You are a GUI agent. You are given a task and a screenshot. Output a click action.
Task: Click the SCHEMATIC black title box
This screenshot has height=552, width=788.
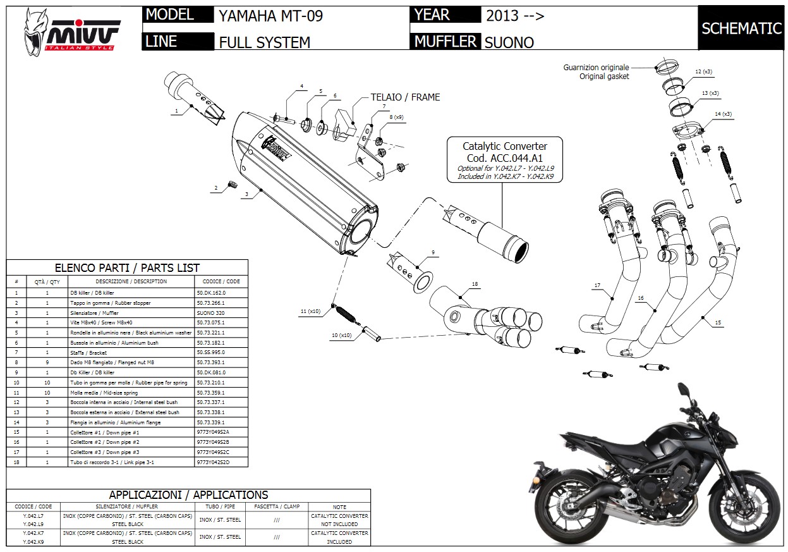(741, 28)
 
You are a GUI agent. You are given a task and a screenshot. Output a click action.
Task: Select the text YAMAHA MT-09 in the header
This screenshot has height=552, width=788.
(270, 16)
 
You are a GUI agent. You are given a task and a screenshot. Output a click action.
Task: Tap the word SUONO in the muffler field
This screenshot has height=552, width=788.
(509, 42)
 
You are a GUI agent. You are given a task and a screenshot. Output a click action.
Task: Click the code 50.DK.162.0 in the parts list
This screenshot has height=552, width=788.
(211, 293)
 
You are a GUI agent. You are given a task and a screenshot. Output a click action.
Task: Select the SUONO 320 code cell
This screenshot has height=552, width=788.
(210, 313)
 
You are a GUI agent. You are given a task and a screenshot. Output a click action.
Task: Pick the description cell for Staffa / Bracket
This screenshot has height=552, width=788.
(131, 353)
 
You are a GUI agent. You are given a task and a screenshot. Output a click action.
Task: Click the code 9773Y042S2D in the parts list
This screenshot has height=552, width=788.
(215, 462)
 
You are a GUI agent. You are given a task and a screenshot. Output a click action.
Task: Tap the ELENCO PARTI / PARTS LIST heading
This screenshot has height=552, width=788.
(127, 268)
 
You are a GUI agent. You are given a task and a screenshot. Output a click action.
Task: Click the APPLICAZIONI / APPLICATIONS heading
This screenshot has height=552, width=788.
(188, 495)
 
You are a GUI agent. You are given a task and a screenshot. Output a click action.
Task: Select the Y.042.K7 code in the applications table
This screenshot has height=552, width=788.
(33, 534)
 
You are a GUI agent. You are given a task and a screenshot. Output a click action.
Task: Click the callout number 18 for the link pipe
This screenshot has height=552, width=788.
(475, 285)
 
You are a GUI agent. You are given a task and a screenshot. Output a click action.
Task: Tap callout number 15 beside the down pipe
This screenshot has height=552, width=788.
(718, 323)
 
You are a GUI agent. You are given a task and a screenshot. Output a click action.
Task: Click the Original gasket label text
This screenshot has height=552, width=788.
(604, 77)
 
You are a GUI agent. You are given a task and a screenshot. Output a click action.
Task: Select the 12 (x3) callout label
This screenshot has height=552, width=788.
(703, 72)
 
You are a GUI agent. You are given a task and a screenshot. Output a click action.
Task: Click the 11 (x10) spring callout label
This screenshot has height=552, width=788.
(311, 312)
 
